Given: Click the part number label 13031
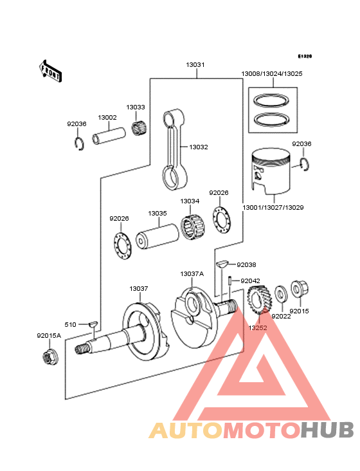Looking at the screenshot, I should click(195, 65).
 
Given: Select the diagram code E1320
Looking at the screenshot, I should click(304, 57).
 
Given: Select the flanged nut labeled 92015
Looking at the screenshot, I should click(298, 290).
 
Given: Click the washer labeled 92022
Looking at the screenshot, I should click(280, 296).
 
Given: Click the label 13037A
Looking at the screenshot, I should click(192, 273).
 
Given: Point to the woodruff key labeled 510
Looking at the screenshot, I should click(93, 324).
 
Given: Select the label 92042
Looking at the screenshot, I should click(250, 281).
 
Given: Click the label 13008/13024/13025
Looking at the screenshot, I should click(272, 74).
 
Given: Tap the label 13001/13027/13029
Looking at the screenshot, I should click(273, 208).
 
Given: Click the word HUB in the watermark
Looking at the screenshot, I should click(327, 430).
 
